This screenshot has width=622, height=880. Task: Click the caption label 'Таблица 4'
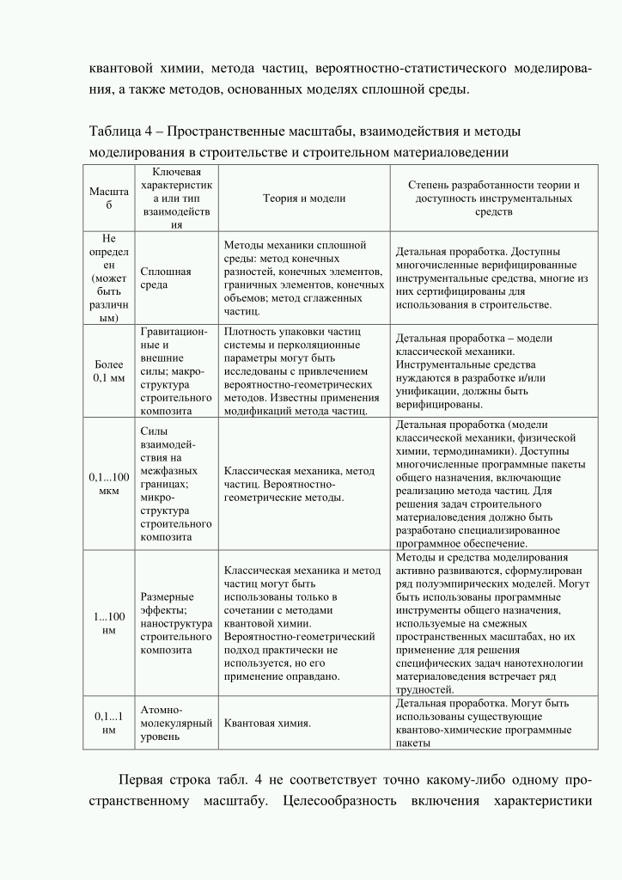click(x=120, y=131)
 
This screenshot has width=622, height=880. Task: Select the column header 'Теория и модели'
click(x=303, y=199)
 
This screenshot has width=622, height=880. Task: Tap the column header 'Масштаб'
click(x=109, y=199)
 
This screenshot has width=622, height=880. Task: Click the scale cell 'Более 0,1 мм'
click(x=109, y=370)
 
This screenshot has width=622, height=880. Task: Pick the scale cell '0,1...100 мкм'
click(x=109, y=484)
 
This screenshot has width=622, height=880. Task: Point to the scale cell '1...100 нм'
click(x=109, y=623)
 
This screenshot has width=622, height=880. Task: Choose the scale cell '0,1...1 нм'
click(x=109, y=723)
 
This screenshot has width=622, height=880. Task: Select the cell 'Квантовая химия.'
click(x=267, y=723)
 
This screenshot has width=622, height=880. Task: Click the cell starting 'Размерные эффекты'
click(x=175, y=623)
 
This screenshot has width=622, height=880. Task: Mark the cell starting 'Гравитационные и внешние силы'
click(x=175, y=370)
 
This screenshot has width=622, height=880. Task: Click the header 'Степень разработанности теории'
click(x=493, y=199)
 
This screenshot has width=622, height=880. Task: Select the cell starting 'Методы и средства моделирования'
click(x=493, y=623)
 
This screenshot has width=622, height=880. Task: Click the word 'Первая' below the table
click(x=143, y=780)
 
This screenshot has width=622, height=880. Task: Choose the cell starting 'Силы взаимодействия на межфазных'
click(x=175, y=484)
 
